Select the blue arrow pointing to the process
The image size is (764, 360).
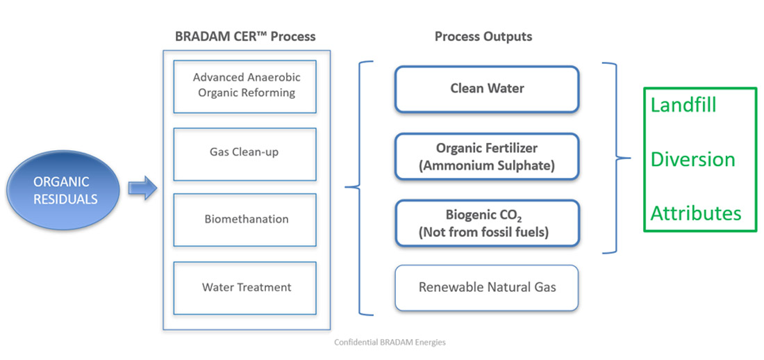click(143, 188)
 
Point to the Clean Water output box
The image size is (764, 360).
click(486, 89)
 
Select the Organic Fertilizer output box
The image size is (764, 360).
click(486, 156)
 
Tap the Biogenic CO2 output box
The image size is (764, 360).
click(486, 223)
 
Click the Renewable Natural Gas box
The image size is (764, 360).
click(486, 287)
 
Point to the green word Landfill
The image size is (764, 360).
click(683, 106)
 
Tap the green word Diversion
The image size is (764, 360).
click(692, 159)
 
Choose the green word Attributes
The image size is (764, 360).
click(695, 213)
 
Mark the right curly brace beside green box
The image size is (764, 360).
click(615, 158)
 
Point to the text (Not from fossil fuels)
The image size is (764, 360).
click(483, 232)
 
